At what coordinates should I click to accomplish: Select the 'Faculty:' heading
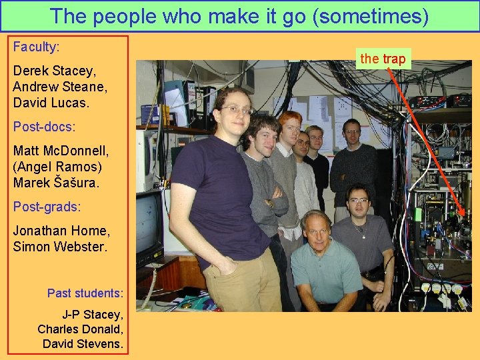coord(36,47)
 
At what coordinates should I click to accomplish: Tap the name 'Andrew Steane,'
coord(60,87)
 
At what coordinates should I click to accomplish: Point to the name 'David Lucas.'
coord(51,103)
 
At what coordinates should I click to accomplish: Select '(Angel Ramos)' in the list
coord(57,167)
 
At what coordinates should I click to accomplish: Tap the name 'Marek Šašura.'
coord(56,183)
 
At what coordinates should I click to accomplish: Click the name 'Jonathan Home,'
coord(61,231)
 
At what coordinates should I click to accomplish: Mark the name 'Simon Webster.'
coord(59,247)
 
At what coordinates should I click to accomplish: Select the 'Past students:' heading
coord(85,293)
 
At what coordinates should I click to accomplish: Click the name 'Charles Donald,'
coord(80,329)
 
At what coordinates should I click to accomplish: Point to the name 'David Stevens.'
coord(83,344)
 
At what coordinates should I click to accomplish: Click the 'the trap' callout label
coord(383,59)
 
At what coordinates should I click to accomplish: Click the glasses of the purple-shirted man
coord(236,110)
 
